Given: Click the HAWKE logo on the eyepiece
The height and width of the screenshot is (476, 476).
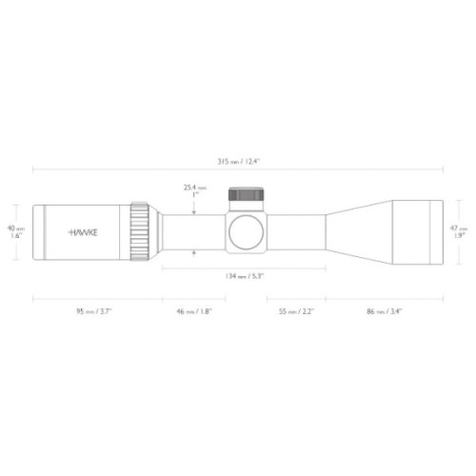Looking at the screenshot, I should [87, 230].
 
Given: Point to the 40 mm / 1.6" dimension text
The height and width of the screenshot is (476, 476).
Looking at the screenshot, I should [13, 231].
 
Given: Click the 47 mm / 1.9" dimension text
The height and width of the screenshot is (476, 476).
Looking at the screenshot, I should [462, 231].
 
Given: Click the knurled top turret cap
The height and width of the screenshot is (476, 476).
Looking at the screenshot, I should [244, 197].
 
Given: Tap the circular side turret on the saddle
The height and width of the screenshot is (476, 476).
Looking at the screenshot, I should [244, 230].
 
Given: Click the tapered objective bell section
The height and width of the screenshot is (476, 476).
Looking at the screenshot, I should [352, 230].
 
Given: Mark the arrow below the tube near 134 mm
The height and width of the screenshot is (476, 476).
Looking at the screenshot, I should [194, 252].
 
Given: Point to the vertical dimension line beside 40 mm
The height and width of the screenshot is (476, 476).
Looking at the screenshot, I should [25, 230].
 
